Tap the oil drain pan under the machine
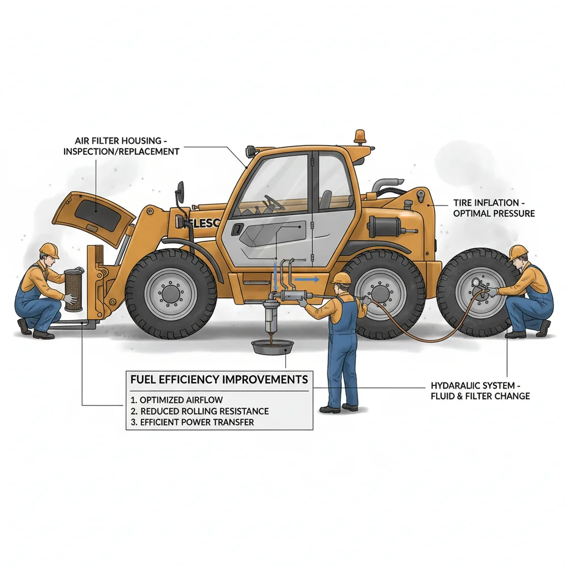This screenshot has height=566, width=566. [272, 348]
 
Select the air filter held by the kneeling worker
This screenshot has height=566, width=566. [73, 286]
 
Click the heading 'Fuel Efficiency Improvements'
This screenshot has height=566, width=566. [219, 380]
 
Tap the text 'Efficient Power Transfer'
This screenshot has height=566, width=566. [197, 422]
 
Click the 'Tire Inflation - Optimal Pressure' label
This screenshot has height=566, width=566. [494, 208]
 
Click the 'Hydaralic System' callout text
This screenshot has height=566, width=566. [480, 390]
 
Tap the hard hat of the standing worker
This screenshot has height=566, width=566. [342, 277]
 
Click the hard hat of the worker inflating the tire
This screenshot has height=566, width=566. [518, 252]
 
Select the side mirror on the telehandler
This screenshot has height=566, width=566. [180, 195]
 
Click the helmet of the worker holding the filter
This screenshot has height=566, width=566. [49, 250]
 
